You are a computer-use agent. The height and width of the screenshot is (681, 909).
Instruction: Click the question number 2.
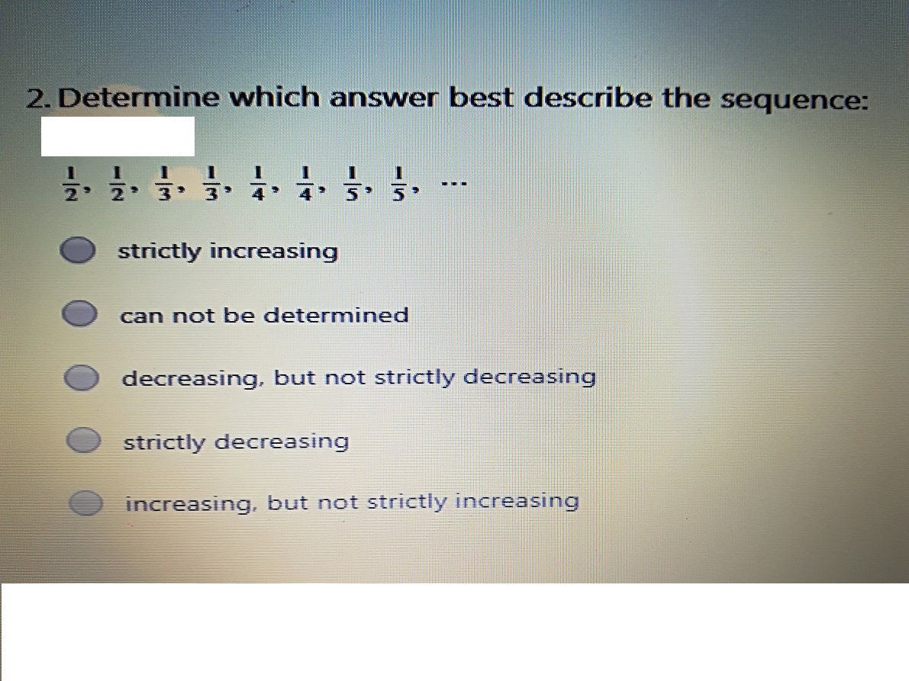click(37, 98)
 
